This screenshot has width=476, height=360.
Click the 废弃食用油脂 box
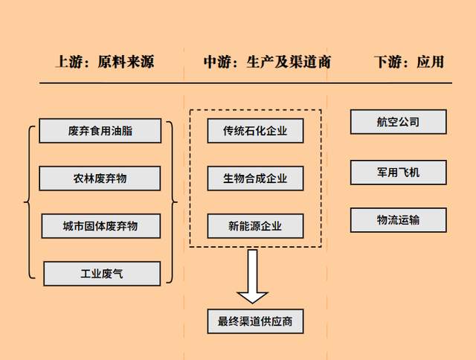pos(100,131)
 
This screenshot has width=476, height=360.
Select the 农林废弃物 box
pos(100,179)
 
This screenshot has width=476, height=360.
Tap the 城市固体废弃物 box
pos(100,225)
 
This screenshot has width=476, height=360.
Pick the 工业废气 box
pos(102,273)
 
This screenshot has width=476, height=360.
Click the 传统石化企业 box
pos(255,132)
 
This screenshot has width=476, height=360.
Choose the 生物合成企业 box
pos(255,179)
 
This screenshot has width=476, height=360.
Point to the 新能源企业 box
pos(255,225)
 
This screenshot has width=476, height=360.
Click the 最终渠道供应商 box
pos(255,321)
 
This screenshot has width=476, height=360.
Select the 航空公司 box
pos(398,122)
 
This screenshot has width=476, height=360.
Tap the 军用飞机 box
pos(398,172)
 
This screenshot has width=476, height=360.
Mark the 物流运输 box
pos(398,220)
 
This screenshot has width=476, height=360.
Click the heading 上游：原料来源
pos(105,62)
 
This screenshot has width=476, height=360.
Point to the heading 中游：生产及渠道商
pos(267,62)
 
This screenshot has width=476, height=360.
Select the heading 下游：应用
pos(408,62)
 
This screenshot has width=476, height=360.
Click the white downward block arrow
pos(254,277)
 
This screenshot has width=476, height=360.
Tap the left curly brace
pos(29,201)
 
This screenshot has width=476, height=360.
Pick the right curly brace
pos(173,201)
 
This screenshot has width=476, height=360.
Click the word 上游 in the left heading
pos(69,62)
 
